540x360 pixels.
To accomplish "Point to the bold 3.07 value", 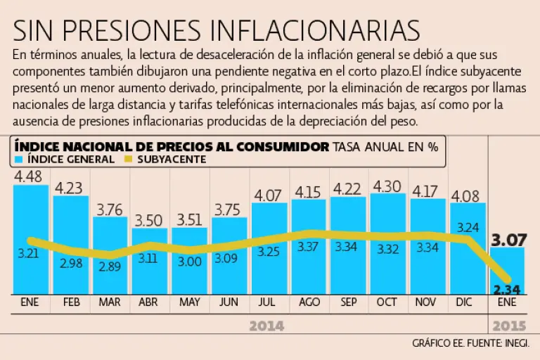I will [x=509, y=240].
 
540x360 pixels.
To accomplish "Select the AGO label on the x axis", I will [x=309, y=303].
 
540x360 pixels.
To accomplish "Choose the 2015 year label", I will [x=509, y=326].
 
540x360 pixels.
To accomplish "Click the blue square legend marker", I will [x=19, y=160].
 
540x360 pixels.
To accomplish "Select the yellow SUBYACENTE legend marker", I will [x=127, y=160].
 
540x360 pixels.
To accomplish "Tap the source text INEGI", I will [x=516, y=344].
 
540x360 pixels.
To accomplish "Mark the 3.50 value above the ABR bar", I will [x=149, y=220].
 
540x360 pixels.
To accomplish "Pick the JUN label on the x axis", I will [x=229, y=303].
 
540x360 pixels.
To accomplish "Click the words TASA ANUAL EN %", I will [x=385, y=147].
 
